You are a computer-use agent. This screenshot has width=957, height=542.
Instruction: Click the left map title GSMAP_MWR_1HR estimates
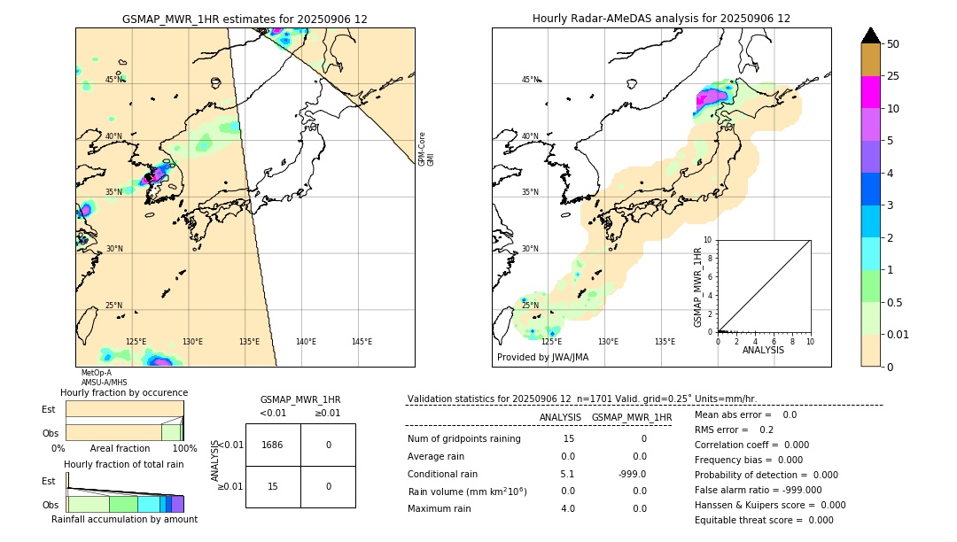(x=245, y=19)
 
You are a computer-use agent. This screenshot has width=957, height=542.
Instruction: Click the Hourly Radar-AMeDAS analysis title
(x=661, y=19)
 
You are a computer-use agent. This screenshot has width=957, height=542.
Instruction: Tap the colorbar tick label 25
(x=894, y=77)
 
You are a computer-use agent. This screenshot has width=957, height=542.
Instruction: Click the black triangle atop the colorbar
(x=871, y=35)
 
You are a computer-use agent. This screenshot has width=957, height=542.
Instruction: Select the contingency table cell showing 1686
(x=273, y=445)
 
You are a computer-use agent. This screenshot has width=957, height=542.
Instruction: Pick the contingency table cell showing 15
(x=273, y=486)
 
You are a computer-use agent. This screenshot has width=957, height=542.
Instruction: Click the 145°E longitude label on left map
(x=362, y=342)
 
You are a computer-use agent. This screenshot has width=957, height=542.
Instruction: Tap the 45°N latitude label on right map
(x=530, y=81)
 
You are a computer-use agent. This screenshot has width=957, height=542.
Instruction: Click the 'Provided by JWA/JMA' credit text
(x=542, y=358)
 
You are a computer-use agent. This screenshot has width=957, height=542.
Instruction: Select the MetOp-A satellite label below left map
(x=96, y=373)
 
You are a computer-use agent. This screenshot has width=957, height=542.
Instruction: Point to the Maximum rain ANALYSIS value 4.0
(x=567, y=508)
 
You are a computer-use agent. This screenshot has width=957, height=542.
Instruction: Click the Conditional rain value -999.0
(x=632, y=474)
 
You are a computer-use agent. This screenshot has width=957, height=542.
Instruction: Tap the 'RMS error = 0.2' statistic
(x=734, y=430)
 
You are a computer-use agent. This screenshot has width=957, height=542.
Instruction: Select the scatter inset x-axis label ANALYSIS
(x=763, y=350)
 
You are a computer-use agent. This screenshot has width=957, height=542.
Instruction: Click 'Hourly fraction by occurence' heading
(x=124, y=392)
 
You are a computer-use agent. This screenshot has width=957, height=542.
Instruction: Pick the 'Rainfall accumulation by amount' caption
(x=124, y=519)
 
